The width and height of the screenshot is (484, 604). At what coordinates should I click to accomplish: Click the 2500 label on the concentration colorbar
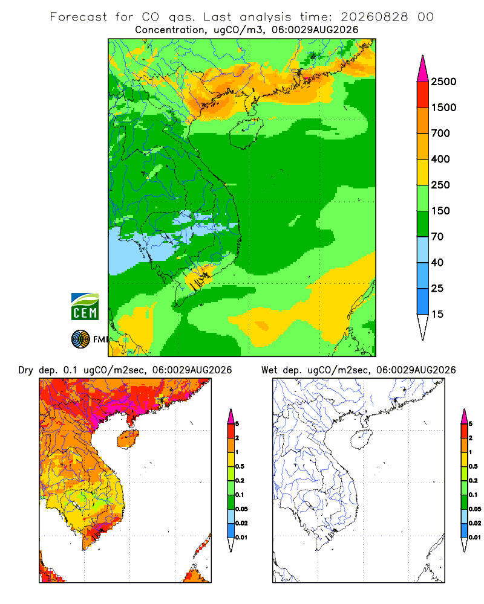pos(443,82)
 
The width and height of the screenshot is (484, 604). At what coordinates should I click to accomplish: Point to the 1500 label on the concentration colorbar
pos(443,108)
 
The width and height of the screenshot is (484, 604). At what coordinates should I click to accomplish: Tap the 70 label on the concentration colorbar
pos(437,237)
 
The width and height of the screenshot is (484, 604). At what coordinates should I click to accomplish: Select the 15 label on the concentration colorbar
pos(437,314)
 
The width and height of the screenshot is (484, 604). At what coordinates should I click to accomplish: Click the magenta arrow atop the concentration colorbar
pos(423,69)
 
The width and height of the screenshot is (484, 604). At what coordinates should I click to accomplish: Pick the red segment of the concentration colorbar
pos(423,95)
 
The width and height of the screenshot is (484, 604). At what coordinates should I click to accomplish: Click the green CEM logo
pos(85,306)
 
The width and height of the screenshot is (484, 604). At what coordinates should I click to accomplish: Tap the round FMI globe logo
pos(80,339)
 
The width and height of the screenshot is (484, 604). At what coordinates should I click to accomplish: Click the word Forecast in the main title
pos(79,17)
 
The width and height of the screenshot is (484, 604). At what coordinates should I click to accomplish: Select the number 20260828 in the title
pos(374,17)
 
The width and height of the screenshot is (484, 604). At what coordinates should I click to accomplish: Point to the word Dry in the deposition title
pos(26,371)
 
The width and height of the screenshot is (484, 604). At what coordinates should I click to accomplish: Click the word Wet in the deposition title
pos(269,370)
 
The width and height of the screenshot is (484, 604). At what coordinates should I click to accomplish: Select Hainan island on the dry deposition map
pos(128,439)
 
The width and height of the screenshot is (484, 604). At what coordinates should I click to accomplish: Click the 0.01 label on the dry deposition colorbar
pos(241,538)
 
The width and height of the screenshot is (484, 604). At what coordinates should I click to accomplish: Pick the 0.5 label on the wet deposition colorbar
pos(473,466)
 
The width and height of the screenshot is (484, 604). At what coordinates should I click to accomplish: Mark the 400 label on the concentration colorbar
pos(440,159)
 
